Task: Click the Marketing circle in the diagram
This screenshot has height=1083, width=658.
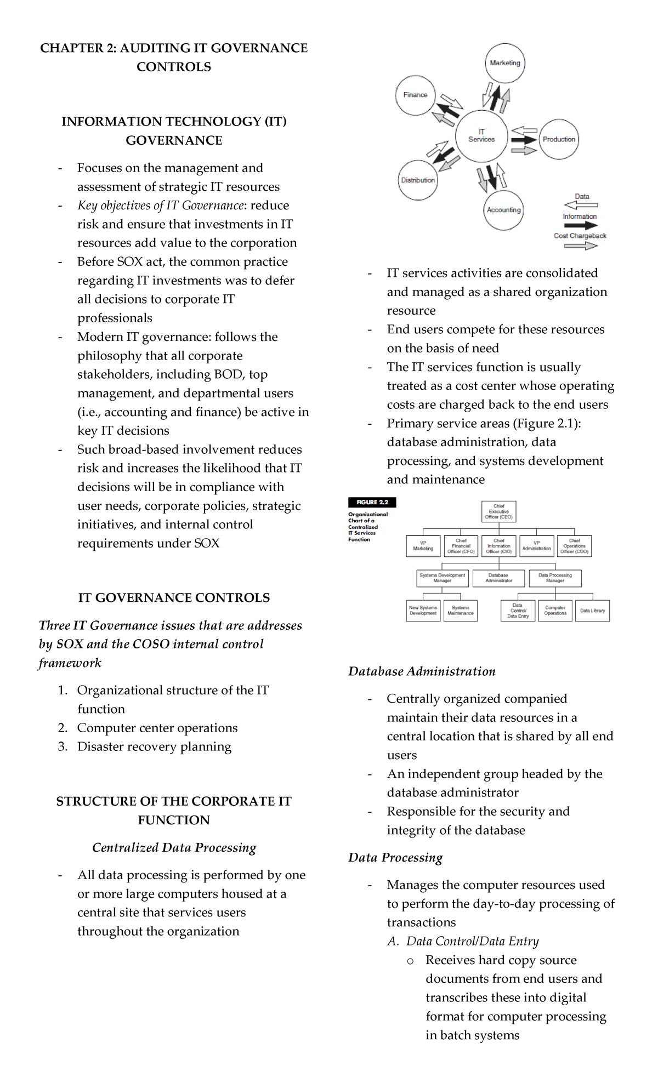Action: (504, 63)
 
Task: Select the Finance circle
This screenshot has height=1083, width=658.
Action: (415, 95)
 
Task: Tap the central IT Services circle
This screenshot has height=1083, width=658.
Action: (481, 136)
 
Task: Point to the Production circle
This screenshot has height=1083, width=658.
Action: (559, 139)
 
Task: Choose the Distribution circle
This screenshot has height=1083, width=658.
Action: (418, 180)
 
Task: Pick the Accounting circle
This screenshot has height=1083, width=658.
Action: (503, 210)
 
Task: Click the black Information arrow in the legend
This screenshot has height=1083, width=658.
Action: (580, 225)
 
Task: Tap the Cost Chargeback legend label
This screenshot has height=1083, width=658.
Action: (580, 236)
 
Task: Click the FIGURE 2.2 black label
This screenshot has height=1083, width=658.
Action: (372, 502)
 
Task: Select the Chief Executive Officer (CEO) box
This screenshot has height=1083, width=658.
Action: (498, 511)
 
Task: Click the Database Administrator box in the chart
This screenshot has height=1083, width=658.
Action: (498, 578)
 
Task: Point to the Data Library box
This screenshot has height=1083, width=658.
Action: (592, 611)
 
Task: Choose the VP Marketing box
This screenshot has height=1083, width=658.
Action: (423, 546)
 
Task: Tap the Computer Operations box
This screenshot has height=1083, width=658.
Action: (555, 611)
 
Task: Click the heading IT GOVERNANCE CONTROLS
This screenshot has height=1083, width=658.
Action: (174, 597)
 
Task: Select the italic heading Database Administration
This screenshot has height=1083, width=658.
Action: (422, 671)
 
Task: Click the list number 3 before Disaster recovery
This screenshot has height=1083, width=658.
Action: (62, 746)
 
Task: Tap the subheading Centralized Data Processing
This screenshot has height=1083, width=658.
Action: (174, 847)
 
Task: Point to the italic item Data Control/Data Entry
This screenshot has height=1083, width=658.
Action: (472, 941)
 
